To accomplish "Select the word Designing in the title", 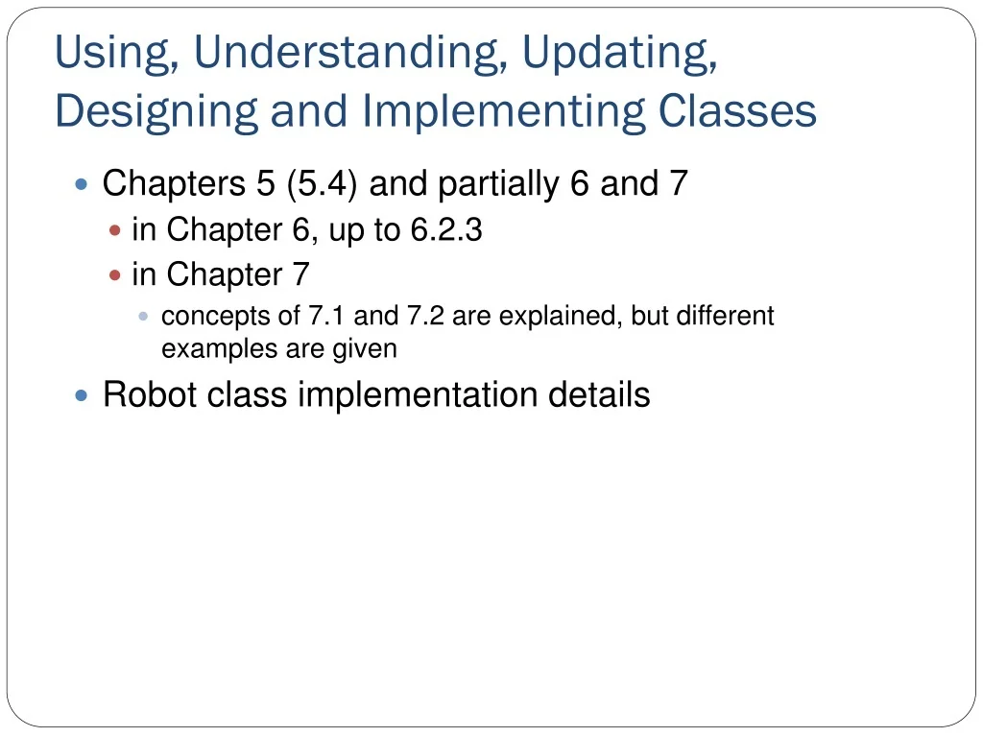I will (156, 111).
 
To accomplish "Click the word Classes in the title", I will (737, 111).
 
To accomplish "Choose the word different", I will (725, 316).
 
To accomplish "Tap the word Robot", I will (144, 394).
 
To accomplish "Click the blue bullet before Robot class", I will (82, 394).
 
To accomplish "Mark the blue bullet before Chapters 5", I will (82, 183).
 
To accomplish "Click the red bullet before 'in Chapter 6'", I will (115, 231).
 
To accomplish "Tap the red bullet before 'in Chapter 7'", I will (115, 275).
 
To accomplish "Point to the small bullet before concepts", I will (144, 316).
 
